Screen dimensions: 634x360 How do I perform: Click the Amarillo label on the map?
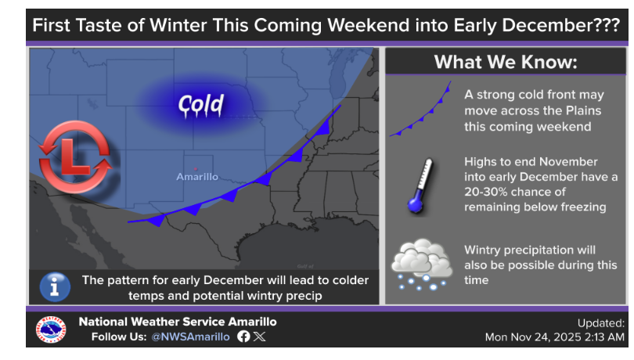197,177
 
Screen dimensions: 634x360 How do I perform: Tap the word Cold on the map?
201,105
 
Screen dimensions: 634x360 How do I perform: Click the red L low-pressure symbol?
75,157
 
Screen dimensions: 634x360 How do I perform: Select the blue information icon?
55,287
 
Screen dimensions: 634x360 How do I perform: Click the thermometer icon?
420,185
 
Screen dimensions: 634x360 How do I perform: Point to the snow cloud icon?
421,265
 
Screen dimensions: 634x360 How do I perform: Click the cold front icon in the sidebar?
420,109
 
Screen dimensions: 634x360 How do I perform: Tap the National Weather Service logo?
51,329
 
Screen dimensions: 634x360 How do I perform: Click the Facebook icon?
243,337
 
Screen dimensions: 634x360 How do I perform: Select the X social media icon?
260,337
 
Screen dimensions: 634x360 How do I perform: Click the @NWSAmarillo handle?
190,337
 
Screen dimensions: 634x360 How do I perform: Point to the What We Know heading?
506,63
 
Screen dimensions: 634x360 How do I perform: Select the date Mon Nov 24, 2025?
535,337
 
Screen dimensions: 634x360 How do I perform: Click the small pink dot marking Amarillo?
196,169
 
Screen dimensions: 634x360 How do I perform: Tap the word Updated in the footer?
601,323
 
